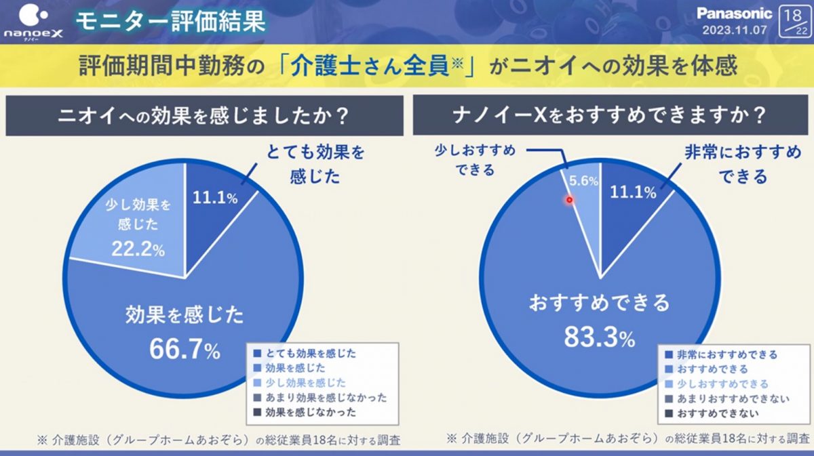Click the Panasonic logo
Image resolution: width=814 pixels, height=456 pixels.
pyautogui.click(x=734, y=14)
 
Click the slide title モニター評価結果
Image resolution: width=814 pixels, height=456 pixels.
pyautogui.click(x=170, y=22)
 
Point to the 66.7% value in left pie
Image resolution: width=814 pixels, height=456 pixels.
pyautogui.click(x=185, y=350)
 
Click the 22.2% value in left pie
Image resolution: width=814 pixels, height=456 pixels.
pyautogui.click(x=139, y=249)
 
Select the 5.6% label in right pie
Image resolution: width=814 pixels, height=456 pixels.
pyautogui.click(x=581, y=181)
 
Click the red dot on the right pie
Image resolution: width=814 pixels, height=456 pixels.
pyautogui.click(x=570, y=199)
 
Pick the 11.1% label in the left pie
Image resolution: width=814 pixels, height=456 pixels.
pyautogui.click(x=215, y=198)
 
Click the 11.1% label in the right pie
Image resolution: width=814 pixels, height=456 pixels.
pyautogui.click(x=634, y=192)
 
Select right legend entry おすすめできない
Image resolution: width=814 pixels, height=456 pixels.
pyautogui.click(x=718, y=413)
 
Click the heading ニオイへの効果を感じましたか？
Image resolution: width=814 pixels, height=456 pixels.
pyautogui.click(x=204, y=116)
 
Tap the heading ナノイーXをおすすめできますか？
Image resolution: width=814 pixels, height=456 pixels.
pyautogui.click(x=610, y=116)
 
